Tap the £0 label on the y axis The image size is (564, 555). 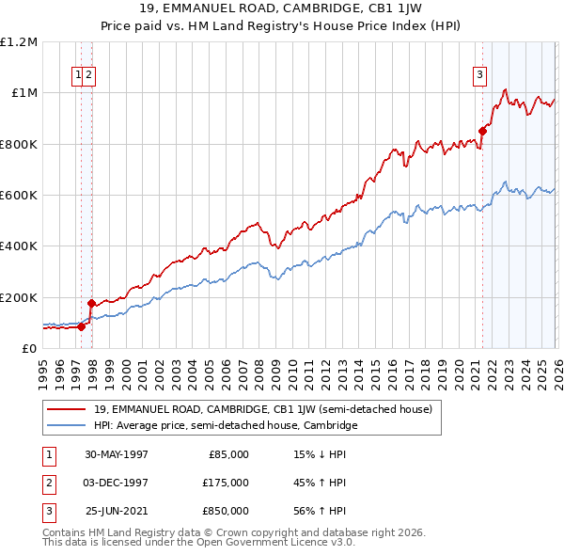click(30, 349)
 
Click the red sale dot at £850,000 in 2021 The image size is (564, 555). click(482, 131)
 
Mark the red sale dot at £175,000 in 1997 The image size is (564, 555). click(91, 304)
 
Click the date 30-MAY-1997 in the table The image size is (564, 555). click(117, 454)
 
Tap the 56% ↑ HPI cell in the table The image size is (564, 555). click(321, 511)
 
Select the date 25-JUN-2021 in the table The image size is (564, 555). click(117, 511)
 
